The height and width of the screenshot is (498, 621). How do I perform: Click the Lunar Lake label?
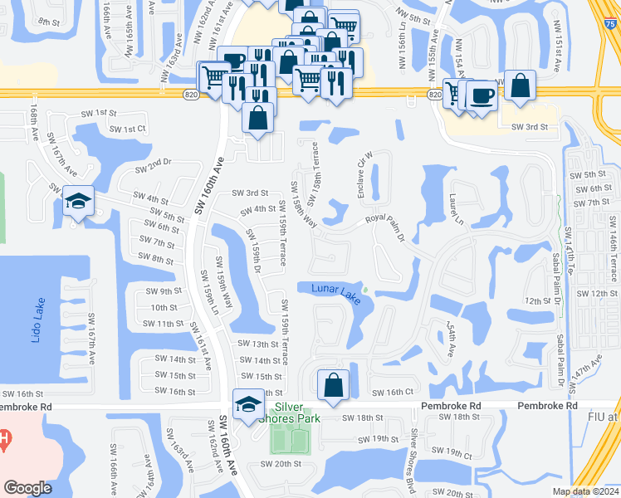pos(336,293)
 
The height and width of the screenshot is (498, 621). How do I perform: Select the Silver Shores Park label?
pos(296,412)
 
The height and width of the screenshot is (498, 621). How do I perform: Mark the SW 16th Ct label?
pos(393,393)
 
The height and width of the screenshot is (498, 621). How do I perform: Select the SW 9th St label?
pos(164,291)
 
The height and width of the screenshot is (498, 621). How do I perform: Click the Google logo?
pos(27,488)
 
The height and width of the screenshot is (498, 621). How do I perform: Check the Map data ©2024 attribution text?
pos(584,491)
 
